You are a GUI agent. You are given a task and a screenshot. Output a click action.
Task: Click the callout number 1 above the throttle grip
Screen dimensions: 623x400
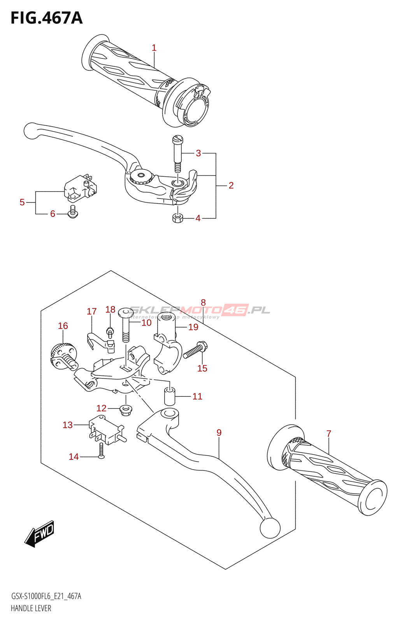click(x=154, y=48)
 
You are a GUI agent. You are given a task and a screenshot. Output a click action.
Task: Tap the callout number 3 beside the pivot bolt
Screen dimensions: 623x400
click(x=198, y=153)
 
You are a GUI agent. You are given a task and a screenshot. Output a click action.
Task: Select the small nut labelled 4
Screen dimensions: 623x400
click(x=177, y=218)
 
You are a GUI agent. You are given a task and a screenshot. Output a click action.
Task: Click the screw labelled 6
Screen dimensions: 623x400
click(x=73, y=213)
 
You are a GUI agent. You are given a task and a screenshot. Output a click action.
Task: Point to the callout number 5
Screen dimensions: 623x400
click(x=22, y=202)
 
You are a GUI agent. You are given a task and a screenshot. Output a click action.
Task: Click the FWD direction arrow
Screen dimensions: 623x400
click(x=40, y=533)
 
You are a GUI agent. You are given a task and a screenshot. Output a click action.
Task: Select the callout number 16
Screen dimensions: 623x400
click(x=63, y=326)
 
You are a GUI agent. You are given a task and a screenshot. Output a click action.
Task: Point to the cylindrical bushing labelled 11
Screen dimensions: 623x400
click(x=169, y=396)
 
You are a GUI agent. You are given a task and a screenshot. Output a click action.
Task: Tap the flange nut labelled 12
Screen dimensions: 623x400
click(x=125, y=409)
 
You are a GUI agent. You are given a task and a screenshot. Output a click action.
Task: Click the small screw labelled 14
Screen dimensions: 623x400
click(x=101, y=451)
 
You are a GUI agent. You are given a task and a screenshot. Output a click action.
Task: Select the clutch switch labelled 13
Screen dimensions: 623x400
click(x=105, y=430)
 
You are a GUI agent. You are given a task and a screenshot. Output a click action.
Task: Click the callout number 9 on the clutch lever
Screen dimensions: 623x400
click(x=219, y=433)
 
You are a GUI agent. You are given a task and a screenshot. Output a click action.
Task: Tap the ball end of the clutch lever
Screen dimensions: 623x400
click(x=270, y=527)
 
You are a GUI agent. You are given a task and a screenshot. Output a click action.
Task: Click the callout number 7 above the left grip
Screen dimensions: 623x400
click(x=329, y=433)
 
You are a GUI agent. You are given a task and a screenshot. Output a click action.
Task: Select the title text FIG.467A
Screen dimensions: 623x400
click(x=47, y=18)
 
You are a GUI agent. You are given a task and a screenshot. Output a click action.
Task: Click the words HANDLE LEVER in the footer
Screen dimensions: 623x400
click(x=31, y=608)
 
